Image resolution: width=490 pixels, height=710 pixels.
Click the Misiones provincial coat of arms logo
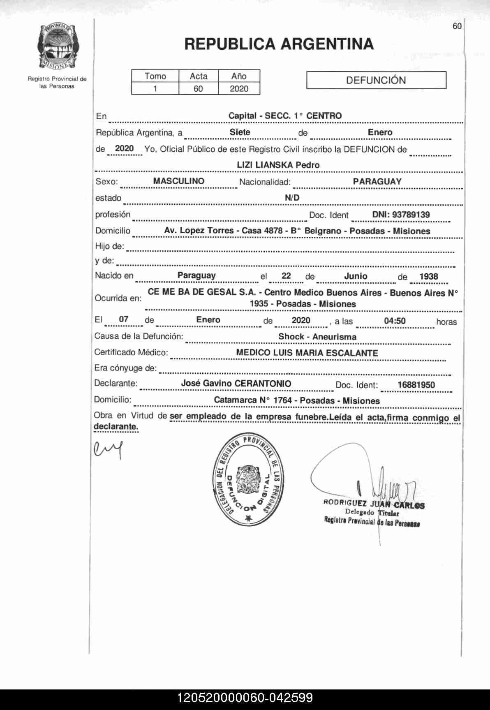coord(58,46)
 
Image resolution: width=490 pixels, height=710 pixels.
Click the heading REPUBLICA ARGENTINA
coord(279,44)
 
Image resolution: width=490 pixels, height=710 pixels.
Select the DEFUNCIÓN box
coord(376,80)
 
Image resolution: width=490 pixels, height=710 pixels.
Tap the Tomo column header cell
coord(155,76)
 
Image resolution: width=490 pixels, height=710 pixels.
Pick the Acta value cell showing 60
coord(198,88)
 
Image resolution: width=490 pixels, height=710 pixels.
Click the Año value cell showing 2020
coord(239,88)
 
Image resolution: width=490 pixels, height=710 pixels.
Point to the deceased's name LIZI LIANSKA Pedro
coord(278,165)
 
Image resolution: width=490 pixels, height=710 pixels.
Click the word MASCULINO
coord(178,181)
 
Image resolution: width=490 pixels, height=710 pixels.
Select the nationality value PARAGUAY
coord(377,181)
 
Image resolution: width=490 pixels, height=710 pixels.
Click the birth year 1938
coord(429,276)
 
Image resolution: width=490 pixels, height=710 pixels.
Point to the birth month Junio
coord(356,276)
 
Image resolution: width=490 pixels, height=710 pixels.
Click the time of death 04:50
coord(395,321)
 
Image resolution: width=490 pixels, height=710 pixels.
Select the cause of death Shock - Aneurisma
coord(317,337)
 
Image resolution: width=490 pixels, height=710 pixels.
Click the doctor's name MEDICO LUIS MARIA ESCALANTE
coord(307,353)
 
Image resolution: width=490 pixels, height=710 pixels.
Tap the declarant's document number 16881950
coord(416,385)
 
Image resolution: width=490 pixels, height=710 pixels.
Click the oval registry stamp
coord(249,479)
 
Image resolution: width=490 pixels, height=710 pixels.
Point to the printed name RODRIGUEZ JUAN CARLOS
coord(374,504)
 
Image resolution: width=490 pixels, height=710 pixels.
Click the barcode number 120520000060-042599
coord(245,698)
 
